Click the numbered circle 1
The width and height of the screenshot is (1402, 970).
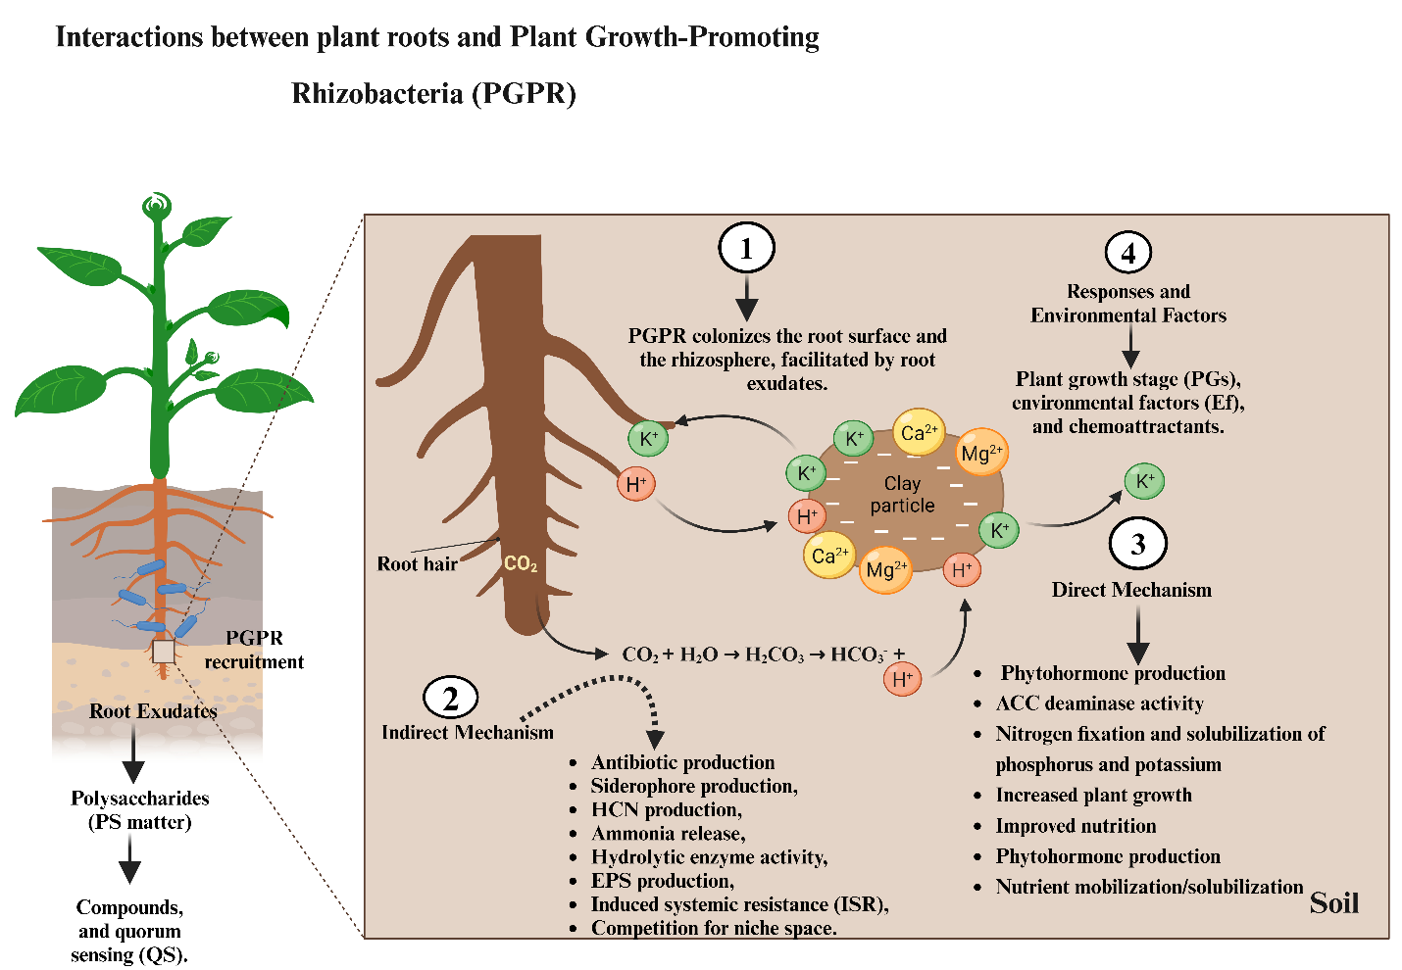tap(746, 249)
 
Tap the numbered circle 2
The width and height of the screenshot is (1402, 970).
tap(450, 699)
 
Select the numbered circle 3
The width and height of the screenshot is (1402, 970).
tap(1137, 544)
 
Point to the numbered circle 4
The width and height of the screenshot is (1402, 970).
tap(1128, 253)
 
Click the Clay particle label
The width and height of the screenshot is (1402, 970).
tap(902, 495)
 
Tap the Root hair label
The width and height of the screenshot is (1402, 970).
tap(417, 564)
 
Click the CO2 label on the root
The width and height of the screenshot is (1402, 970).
tap(520, 563)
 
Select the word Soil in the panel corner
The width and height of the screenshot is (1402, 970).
tap(1334, 902)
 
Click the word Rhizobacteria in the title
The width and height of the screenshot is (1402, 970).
tap(377, 94)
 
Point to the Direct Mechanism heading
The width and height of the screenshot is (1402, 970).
tap(1131, 590)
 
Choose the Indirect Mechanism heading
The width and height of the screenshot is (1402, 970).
tap(468, 732)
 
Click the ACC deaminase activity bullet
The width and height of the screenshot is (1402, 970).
tap(1099, 703)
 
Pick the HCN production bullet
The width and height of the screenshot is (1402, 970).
tap(666, 809)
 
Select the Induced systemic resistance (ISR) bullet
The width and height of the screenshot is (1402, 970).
tap(739, 904)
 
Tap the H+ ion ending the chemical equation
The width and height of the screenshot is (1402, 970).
tap(902, 678)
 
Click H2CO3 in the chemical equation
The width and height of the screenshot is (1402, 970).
tap(775, 655)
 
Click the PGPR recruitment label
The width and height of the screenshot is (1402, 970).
tap(254, 650)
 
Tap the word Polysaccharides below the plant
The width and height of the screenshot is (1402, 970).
tap(139, 799)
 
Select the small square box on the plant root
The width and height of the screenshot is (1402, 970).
tap(163, 652)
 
